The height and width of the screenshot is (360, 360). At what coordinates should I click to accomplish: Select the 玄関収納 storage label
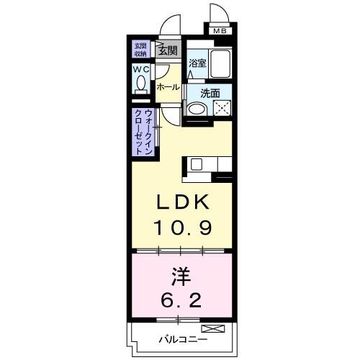click(x=140, y=50)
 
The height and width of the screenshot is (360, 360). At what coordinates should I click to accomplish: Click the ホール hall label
click(x=167, y=87)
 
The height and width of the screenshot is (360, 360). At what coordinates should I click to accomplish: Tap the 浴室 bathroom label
click(x=197, y=63)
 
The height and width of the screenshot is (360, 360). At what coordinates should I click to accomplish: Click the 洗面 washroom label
click(x=210, y=92)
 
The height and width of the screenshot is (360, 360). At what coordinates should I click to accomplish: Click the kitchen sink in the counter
click(x=198, y=165)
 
